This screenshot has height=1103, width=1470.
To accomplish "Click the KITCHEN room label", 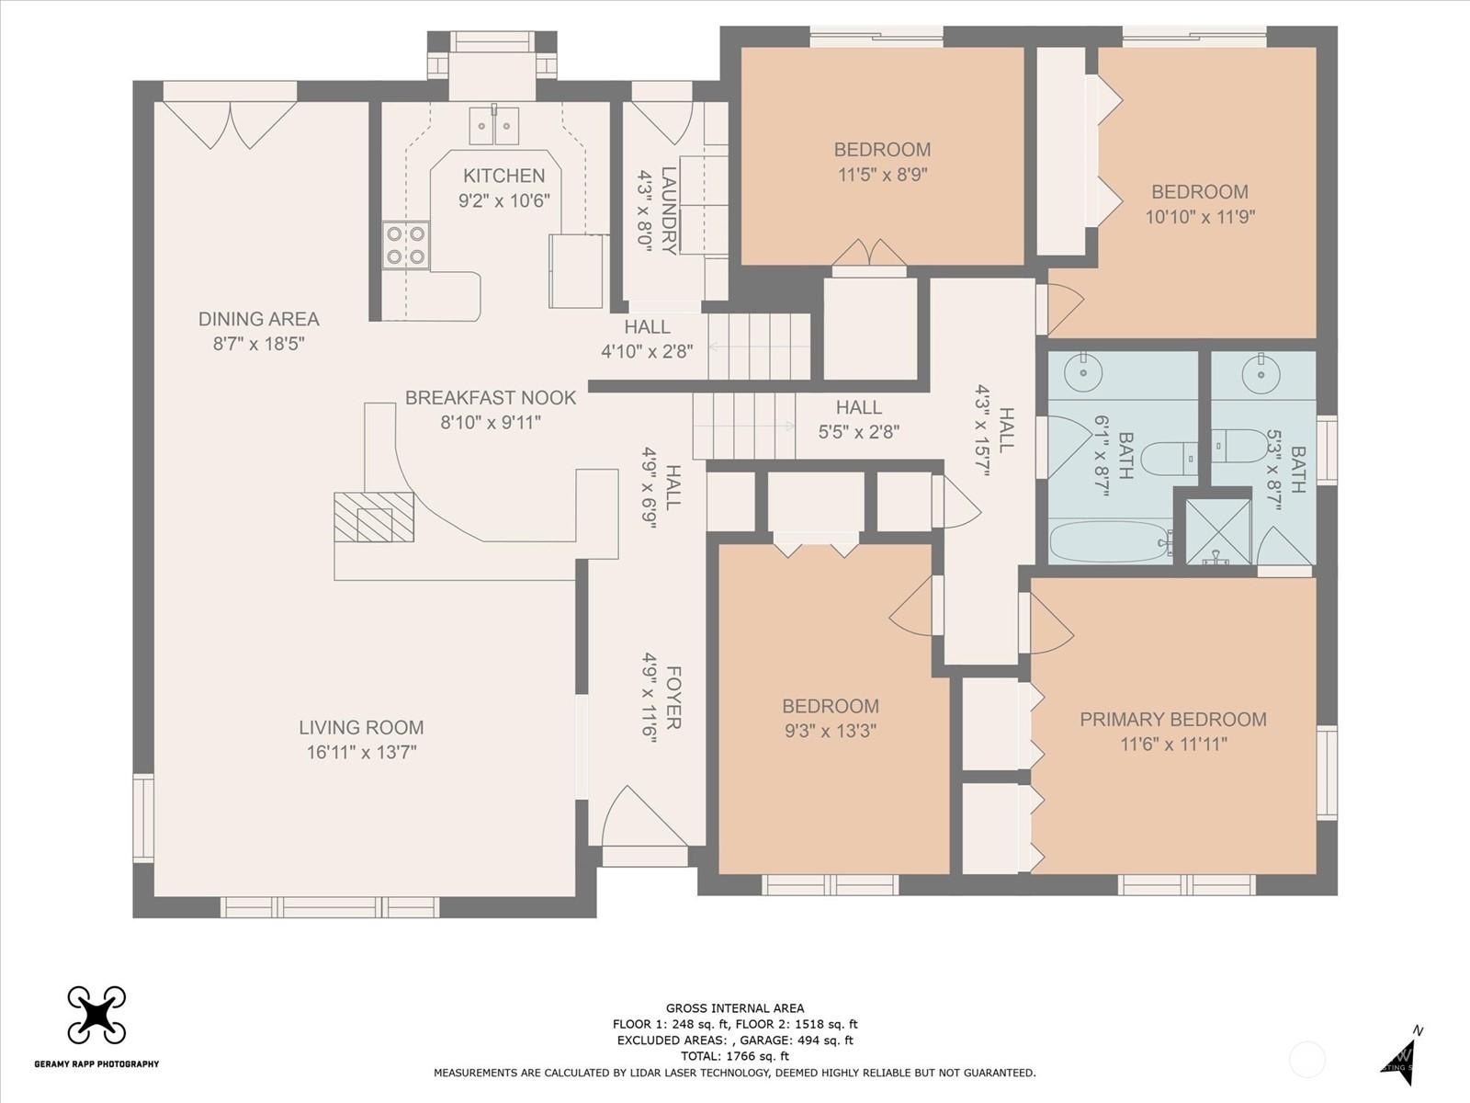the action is pos(503,176).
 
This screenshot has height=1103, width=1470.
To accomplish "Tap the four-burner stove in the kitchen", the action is pos(406,245).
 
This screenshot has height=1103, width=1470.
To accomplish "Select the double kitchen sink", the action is pos(493,125).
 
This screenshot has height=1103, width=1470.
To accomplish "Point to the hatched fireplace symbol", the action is pos(374,517).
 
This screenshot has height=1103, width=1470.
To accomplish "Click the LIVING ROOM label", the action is pos(361,727).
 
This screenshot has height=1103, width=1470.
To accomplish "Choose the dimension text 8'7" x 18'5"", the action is pos(258,344).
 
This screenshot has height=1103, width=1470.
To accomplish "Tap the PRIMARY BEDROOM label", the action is pos(1173,720).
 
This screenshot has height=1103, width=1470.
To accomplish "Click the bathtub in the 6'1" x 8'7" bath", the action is pos(1111,541).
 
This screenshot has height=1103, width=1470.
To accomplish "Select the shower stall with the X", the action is pos(1218,532).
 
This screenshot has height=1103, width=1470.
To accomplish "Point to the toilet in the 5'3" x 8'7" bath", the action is pos(1239,446).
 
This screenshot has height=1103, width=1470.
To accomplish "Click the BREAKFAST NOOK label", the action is pos(491,398).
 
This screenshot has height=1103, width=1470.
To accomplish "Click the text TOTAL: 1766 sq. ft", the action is pos(735,1056).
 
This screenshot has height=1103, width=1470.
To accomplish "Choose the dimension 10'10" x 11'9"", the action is pos(1200,217).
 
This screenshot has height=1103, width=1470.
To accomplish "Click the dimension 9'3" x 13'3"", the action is pos(831,731).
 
